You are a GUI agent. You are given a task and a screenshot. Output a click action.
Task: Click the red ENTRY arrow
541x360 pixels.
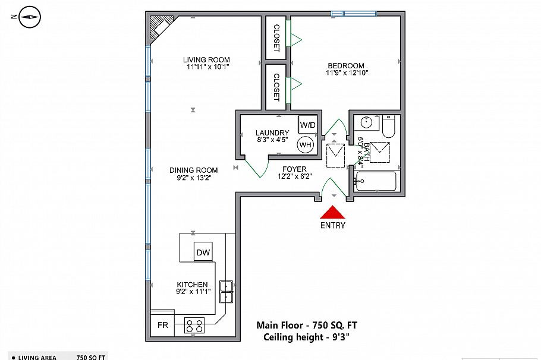(x=333, y=213)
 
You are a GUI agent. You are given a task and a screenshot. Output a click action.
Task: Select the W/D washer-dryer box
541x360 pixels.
(x=307, y=125)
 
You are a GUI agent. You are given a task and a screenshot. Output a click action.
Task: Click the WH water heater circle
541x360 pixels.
(x=306, y=144)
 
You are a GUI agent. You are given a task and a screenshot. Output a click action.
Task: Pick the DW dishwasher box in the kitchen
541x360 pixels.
(x=203, y=252)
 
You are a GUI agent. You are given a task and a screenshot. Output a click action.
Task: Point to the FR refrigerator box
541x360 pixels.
(x=162, y=326)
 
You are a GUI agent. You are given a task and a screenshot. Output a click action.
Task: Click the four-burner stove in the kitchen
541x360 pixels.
(x=194, y=325)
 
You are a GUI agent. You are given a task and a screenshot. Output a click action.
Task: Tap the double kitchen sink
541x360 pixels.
(x=226, y=291)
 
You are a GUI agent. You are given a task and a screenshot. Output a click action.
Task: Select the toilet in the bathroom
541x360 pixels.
(x=388, y=127)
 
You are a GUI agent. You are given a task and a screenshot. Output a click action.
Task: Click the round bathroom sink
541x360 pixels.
(x=366, y=123)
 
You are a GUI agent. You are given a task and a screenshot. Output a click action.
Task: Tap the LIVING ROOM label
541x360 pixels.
(x=206, y=59)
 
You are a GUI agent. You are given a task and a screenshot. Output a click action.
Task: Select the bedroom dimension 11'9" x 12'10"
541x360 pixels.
(x=347, y=73)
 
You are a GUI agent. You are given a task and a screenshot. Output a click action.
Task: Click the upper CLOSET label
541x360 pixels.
(x=276, y=38)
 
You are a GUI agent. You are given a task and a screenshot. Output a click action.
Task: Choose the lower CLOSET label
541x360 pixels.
(x=276, y=87)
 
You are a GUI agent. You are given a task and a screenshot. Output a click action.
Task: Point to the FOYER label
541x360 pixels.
(x=294, y=169)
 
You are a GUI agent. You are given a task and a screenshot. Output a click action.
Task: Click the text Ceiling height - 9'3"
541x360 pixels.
(x=306, y=337)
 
